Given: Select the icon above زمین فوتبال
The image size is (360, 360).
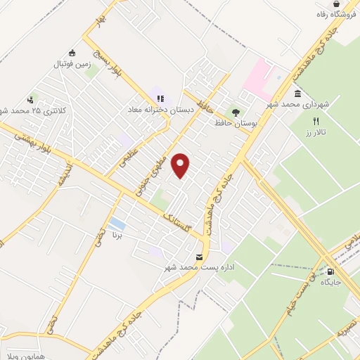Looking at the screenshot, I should click(x=72, y=53).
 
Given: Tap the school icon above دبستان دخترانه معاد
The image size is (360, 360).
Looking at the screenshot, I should click(x=160, y=98).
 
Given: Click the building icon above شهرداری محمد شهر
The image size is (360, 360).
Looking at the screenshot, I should click(x=298, y=94).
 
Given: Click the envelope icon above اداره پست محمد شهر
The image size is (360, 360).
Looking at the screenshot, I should click(x=200, y=257).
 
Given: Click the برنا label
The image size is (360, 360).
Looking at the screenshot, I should click(x=117, y=235).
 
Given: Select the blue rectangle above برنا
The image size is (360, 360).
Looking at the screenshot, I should click(x=117, y=224).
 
